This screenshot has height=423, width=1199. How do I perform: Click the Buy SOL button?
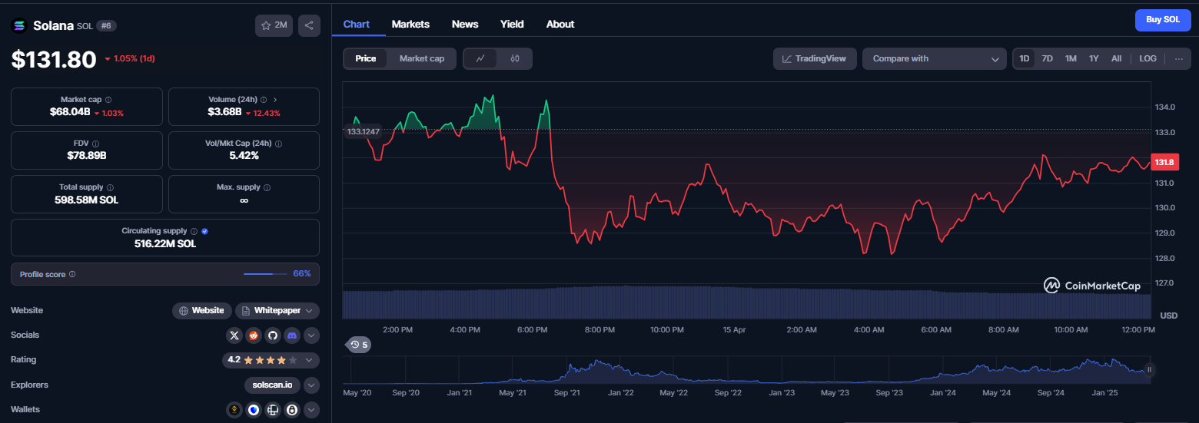point(1163,20)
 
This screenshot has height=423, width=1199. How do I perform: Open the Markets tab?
point(410,24)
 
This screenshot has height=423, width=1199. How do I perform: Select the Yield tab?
point(512,24)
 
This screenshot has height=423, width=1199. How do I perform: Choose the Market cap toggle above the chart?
point(422,59)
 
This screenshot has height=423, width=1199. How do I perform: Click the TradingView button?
point(815,59)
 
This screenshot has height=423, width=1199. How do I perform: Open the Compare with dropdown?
point(934,59)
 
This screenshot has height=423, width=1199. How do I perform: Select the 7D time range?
point(1047,59)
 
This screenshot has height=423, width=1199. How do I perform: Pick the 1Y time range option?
point(1094,59)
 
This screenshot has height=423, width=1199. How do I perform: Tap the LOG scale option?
point(1148,59)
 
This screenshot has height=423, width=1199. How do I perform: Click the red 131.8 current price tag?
point(1164,162)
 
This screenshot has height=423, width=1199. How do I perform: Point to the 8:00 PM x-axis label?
point(599,330)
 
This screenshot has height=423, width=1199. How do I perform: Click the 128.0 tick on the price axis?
point(1164,258)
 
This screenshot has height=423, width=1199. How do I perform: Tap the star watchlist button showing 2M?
point(274,25)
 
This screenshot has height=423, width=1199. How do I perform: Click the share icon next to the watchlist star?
point(309,25)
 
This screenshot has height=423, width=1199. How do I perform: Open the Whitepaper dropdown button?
point(277,311)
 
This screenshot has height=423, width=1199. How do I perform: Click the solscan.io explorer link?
point(272,385)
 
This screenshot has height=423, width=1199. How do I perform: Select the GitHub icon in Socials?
point(272,335)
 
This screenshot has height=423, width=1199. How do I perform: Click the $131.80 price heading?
point(54,59)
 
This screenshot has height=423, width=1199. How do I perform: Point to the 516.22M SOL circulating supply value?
point(164,244)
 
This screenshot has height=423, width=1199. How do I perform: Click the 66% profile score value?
point(302,274)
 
